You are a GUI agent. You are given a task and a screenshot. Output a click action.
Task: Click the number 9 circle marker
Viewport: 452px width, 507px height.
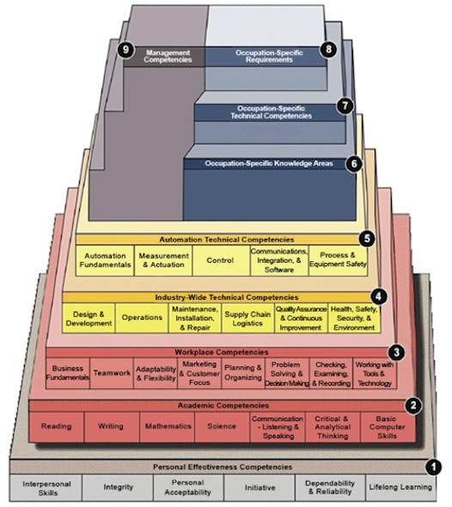point(126,51)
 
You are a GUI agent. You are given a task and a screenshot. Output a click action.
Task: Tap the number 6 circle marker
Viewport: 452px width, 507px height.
point(352,163)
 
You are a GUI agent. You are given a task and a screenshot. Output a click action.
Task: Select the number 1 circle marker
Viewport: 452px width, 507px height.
point(434,467)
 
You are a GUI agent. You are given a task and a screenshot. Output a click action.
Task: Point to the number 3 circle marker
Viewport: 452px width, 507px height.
point(396,351)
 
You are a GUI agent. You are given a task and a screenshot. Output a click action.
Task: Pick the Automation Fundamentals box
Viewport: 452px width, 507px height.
point(106,261)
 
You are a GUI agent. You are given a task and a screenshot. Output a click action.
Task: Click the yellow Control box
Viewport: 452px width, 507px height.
point(221,261)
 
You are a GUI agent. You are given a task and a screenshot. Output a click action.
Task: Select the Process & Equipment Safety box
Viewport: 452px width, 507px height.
point(337,261)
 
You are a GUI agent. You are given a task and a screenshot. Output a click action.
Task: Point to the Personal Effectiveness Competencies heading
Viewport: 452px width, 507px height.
point(223,467)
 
